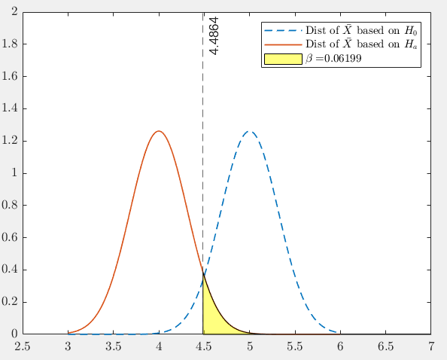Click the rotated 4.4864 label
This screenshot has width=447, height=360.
[214, 35]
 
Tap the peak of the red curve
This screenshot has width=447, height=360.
[158, 131]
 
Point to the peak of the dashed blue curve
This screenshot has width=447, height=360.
[249, 131]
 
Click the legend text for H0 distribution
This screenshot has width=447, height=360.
[360, 31]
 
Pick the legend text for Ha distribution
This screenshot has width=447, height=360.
[360, 44]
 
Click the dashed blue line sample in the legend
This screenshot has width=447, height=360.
[282, 31]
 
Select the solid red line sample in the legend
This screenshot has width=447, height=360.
[282, 44]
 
